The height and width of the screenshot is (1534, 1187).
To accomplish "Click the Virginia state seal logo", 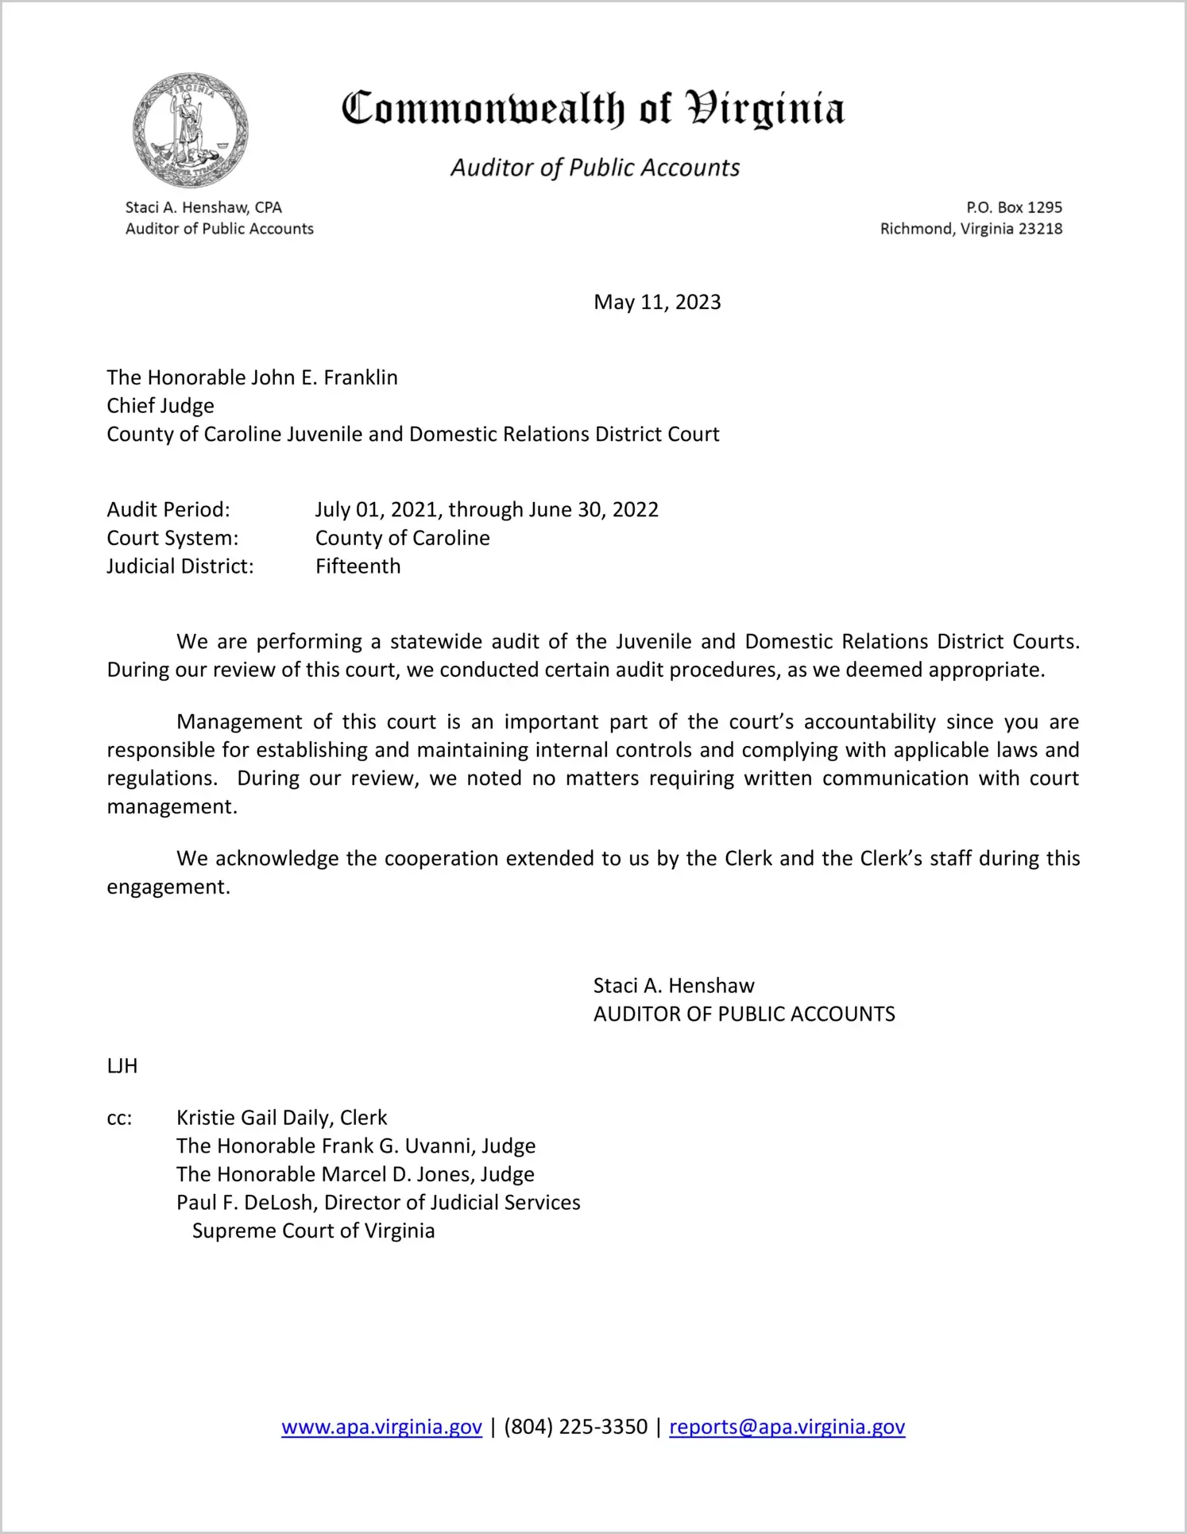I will click(x=190, y=130).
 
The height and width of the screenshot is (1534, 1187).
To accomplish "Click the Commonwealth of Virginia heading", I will click(x=593, y=109).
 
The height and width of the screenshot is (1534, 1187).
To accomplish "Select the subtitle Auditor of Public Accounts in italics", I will click(x=595, y=168).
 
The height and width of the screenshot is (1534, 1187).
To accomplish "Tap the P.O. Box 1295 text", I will click(x=1014, y=207).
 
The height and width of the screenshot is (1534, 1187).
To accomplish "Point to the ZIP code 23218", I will click(x=1040, y=229).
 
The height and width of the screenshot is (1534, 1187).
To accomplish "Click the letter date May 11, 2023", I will click(x=657, y=302).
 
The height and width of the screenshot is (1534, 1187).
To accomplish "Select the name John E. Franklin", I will click(x=324, y=377).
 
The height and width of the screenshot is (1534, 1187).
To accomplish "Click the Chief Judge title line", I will click(x=160, y=406).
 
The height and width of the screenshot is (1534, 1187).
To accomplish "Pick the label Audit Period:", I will click(x=168, y=509).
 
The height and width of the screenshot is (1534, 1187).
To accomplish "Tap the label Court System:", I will click(x=172, y=538).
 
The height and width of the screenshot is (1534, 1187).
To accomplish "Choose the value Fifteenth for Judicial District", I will click(x=358, y=566).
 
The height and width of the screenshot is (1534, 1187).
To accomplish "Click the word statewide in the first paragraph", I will click(x=435, y=641).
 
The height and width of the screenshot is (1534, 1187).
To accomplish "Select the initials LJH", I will click(x=122, y=1066).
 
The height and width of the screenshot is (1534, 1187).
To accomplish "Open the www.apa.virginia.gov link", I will click(x=381, y=1427).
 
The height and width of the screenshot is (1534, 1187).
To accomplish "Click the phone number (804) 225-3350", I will click(x=575, y=1427).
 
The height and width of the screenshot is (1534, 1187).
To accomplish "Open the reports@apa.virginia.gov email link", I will click(x=787, y=1427).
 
